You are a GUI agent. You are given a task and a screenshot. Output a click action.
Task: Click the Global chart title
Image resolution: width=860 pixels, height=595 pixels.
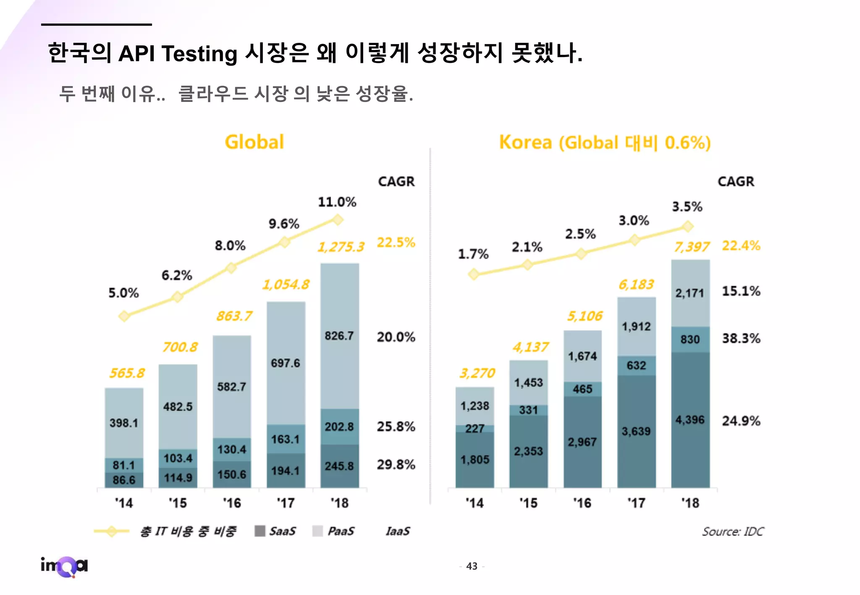click(x=254, y=142)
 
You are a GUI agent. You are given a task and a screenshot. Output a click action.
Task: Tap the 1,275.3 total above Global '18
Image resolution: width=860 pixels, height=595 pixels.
click(x=341, y=247)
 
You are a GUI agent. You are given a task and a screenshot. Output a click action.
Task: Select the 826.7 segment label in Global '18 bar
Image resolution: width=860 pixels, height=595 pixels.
click(x=339, y=336)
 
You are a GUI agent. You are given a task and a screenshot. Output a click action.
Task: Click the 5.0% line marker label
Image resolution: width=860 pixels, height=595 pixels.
click(x=123, y=293)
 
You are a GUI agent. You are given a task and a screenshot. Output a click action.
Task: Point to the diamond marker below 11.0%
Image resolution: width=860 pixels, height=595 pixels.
click(x=338, y=219)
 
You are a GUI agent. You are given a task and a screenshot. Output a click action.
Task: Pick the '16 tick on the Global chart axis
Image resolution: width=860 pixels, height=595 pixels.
click(x=232, y=503)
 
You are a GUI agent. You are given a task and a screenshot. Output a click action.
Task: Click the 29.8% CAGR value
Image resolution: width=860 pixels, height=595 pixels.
click(x=396, y=465)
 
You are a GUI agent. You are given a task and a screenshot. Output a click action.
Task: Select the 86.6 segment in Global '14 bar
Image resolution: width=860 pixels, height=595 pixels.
click(x=124, y=480)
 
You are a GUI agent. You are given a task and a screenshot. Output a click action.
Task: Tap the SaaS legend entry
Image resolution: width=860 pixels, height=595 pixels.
click(x=275, y=531)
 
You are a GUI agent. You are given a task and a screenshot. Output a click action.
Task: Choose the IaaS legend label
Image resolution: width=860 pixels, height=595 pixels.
click(x=397, y=531)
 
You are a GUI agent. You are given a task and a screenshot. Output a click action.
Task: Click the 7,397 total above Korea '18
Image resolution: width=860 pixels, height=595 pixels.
click(x=692, y=247)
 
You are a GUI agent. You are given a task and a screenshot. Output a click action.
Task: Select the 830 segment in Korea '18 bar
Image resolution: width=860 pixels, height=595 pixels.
click(x=690, y=339)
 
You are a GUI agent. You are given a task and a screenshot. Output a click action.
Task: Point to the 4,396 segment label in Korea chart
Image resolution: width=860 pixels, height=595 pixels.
click(x=690, y=420)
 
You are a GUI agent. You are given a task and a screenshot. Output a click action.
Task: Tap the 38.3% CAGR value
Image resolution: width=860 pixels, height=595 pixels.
click(x=741, y=338)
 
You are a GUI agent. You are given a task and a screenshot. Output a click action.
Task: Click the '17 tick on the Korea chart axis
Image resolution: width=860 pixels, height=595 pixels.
click(x=636, y=503)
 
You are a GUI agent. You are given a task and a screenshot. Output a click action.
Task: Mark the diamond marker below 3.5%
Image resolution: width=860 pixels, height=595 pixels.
click(x=687, y=227)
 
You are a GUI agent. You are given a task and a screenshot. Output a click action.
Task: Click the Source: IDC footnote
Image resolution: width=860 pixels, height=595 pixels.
click(x=733, y=532)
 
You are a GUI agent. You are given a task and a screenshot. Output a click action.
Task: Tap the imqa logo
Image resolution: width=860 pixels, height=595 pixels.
click(x=64, y=566)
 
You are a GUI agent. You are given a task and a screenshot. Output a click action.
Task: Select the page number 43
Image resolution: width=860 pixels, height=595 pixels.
click(x=472, y=566)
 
